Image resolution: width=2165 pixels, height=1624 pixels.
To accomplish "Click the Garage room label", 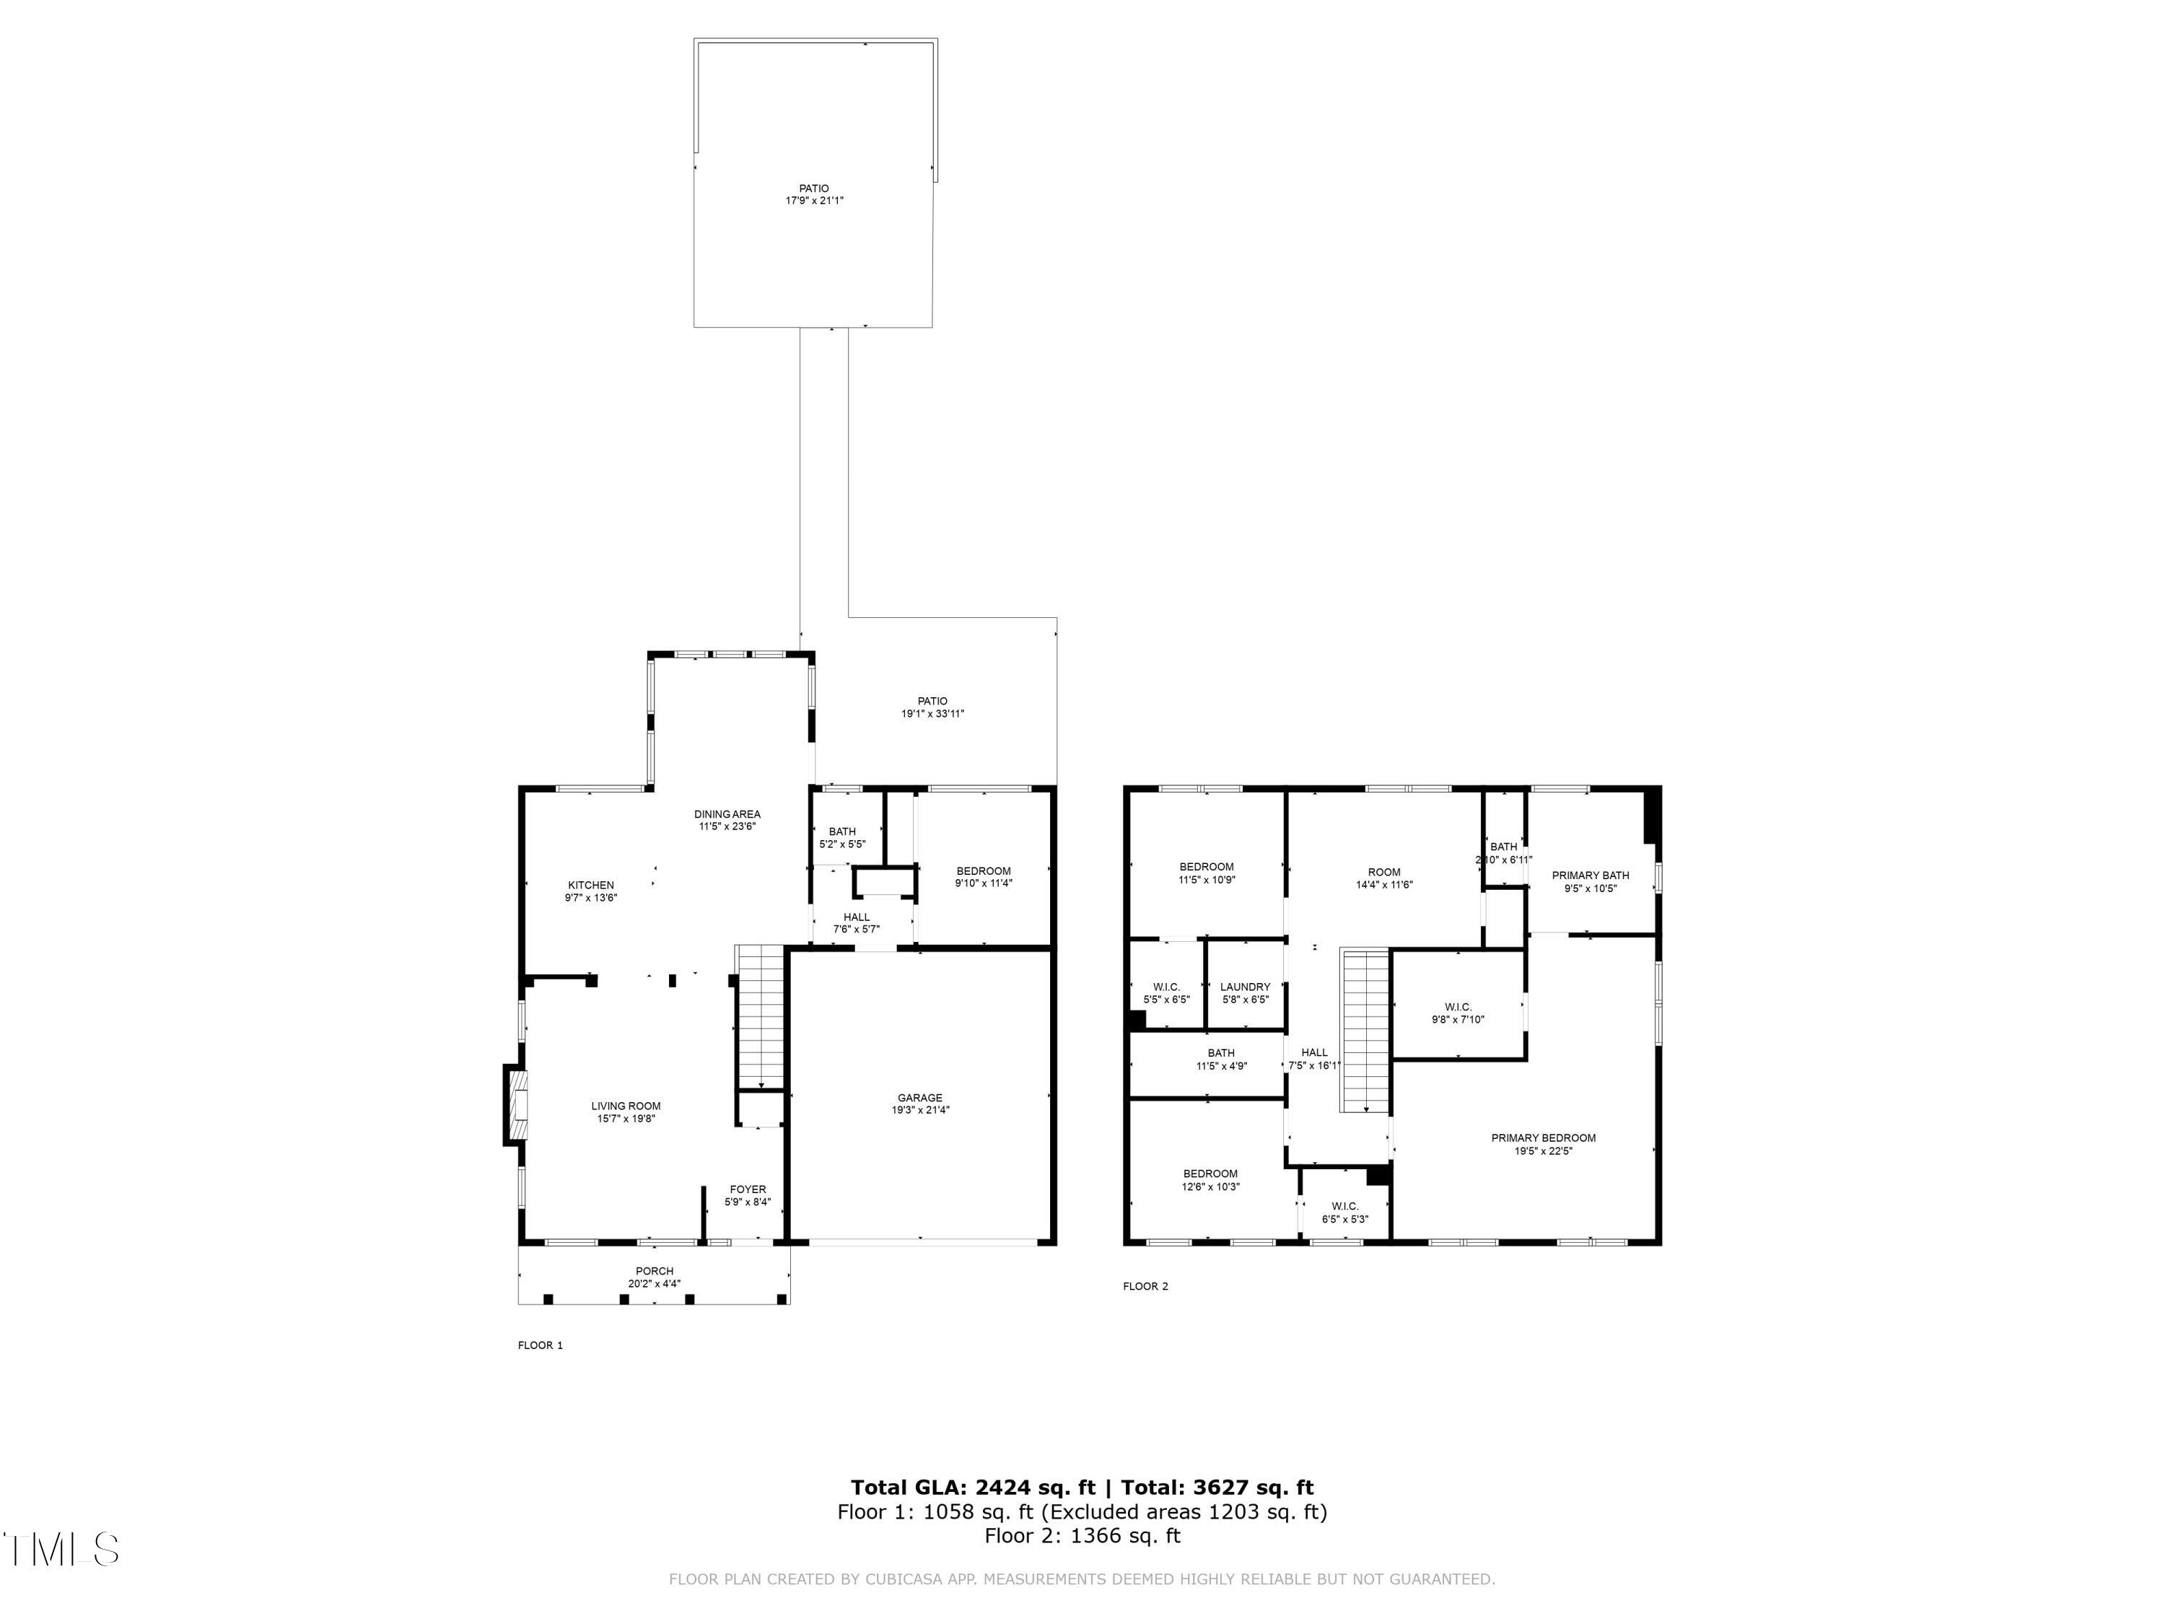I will coord(919,1097).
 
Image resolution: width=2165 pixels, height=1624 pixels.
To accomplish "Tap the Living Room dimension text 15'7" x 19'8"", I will coord(626,1118).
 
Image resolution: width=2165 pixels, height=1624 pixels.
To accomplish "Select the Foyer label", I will coord(748,1189).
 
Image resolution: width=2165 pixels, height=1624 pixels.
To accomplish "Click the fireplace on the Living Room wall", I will coord(516,1104).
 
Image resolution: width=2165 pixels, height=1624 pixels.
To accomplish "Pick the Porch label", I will coord(654,1270).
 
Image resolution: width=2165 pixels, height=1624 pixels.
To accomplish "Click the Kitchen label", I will coord(590,885).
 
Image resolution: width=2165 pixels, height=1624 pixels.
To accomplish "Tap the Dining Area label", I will coord(727,813).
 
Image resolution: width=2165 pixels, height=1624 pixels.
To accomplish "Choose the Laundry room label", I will coord(1245,987).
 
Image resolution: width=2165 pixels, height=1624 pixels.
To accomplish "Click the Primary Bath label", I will coord(1590,875).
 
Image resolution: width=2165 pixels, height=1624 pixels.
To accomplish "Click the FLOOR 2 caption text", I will coord(1145,1286).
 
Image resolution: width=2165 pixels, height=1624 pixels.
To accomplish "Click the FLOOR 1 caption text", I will coord(541,1345).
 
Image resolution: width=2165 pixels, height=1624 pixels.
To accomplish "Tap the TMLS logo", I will coord(61,1549).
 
